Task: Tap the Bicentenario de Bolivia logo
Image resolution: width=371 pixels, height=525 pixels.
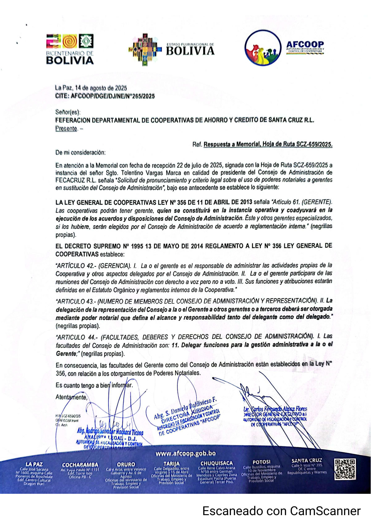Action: click(x=70, y=49)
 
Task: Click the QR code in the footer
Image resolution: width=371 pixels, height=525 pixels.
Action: click(x=345, y=469)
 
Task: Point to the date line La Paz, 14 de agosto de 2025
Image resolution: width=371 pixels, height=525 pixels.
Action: click(x=91, y=88)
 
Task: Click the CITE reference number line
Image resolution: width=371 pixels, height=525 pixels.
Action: click(x=105, y=96)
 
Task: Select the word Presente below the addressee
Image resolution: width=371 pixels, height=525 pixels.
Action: click(x=66, y=129)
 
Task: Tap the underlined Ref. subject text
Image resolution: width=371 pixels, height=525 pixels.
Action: click(x=268, y=144)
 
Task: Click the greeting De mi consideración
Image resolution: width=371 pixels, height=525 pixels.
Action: click(x=80, y=152)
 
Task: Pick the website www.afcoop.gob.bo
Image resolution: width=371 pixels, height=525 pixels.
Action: click(x=185, y=453)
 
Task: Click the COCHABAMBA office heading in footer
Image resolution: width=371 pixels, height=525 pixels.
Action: click(x=80, y=464)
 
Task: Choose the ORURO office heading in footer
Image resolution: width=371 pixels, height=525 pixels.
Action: click(x=126, y=464)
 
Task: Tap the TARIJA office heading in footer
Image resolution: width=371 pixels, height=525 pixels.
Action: click(x=171, y=464)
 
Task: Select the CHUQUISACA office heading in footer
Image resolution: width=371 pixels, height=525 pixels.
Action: click(x=216, y=463)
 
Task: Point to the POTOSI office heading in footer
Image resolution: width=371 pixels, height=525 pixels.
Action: click(x=262, y=462)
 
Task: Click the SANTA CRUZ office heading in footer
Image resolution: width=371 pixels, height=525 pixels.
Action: click(x=306, y=460)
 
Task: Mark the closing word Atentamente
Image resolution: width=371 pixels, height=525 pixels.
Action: click(x=71, y=397)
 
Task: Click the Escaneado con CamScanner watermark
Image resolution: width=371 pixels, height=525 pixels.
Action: click(x=281, y=511)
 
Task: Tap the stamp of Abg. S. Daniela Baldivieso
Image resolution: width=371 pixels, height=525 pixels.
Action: click(x=187, y=417)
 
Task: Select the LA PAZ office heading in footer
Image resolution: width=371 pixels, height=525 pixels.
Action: click(x=34, y=464)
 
